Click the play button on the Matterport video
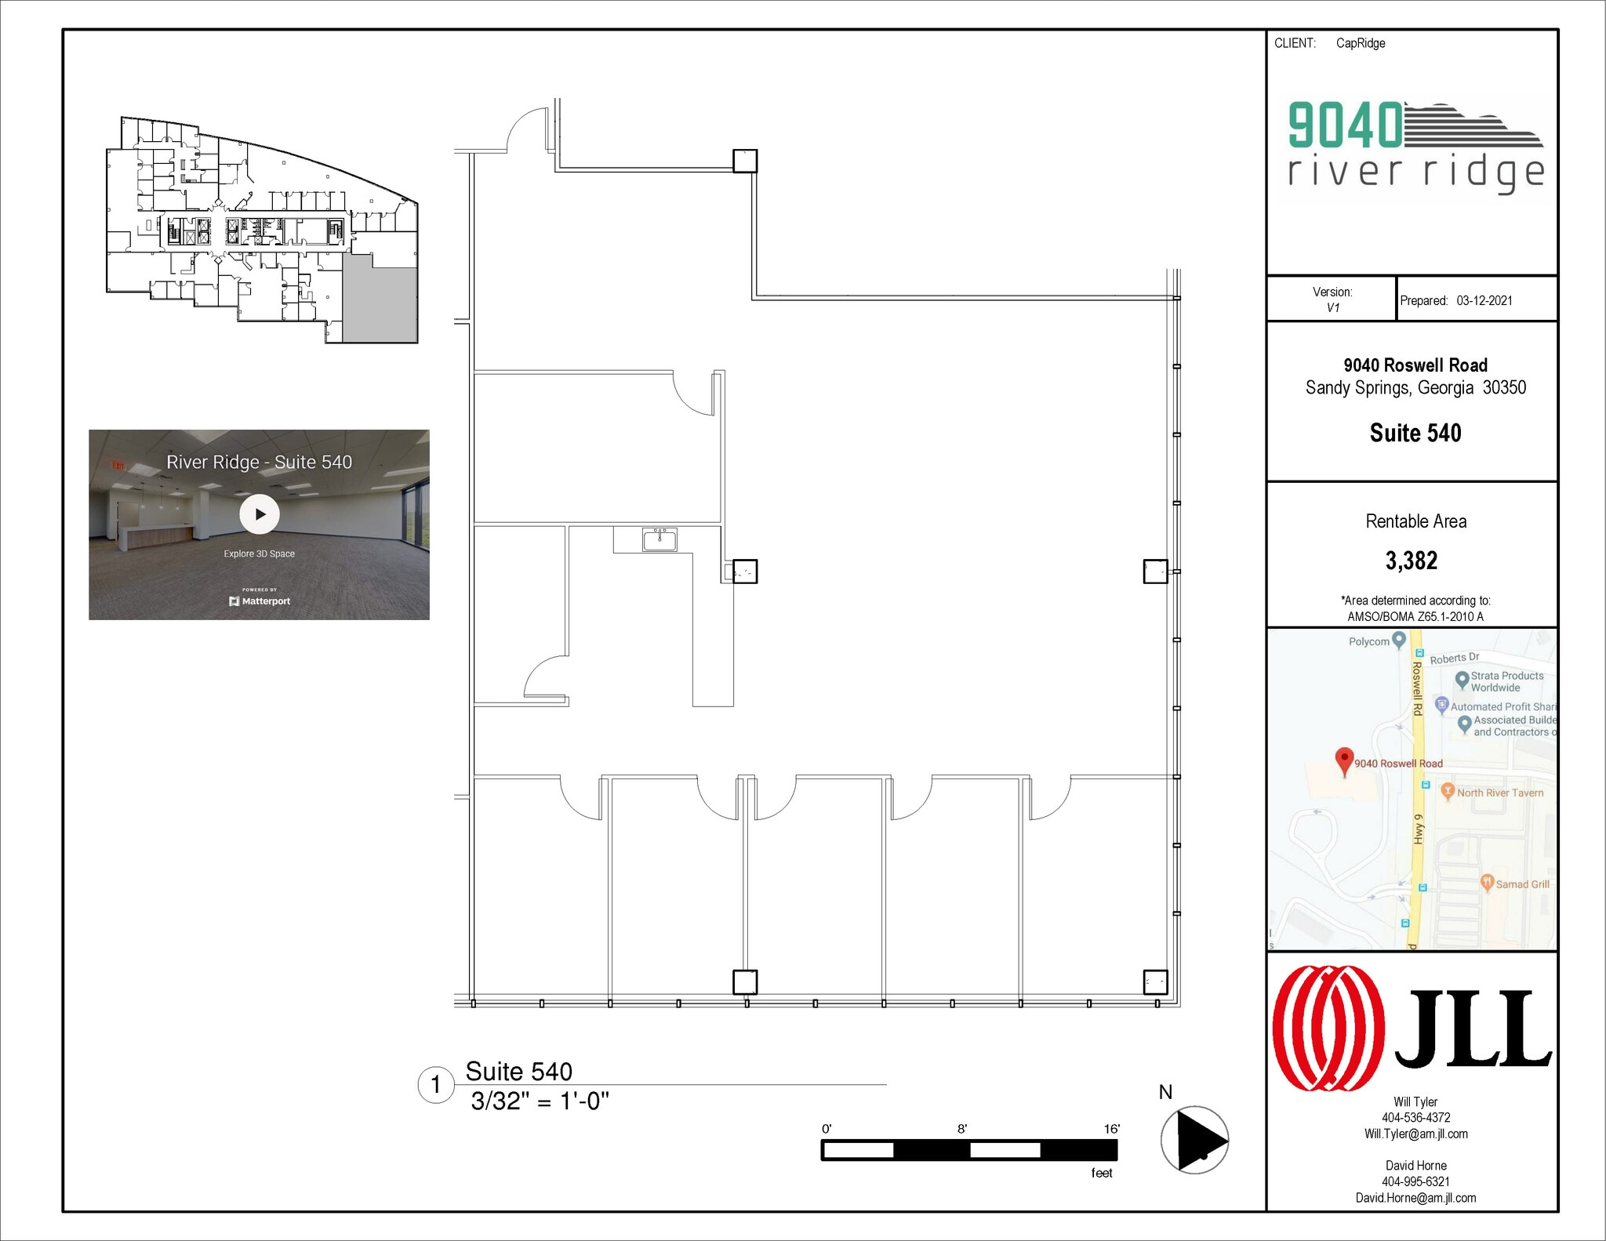[259, 514]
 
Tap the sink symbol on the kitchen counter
[659, 539]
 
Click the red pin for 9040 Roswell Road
[1344, 760]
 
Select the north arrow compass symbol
[1194, 1139]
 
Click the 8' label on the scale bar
[962, 1129]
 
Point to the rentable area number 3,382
[1412, 561]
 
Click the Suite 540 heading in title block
[1415, 433]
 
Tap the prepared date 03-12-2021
[1484, 300]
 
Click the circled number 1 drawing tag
[436, 1085]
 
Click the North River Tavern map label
[1499, 793]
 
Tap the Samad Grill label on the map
[1521, 884]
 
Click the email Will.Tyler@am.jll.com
[1415, 1134]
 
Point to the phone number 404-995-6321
[1415, 1181]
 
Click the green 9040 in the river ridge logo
[1345, 125]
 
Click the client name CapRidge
[1361, 43]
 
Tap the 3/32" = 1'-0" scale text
[540, 1101]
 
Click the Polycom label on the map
[1369, 641]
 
